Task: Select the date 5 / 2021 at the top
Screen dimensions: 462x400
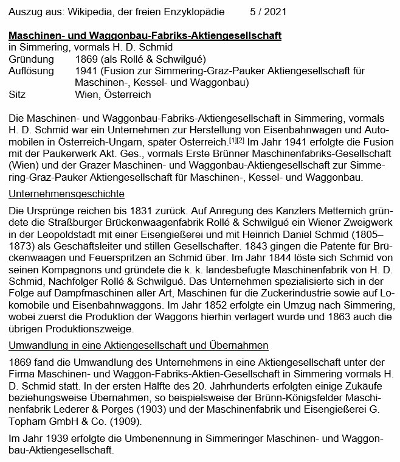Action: (x=268, y=12)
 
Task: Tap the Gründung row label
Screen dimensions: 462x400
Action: (x=29, y=59)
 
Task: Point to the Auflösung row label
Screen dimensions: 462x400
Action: (x=30, y=71)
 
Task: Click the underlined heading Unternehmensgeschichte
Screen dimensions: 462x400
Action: (x=66, y=194)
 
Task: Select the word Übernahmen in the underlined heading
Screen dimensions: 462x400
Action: (x=240, y=345)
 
